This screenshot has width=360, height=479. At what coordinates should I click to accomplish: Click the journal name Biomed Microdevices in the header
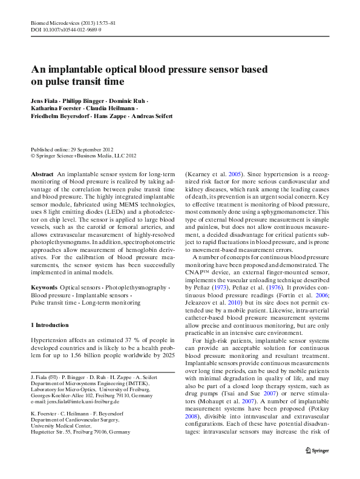[x=55, y=22]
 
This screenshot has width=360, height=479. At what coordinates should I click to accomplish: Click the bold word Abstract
[x=42, y=174]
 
